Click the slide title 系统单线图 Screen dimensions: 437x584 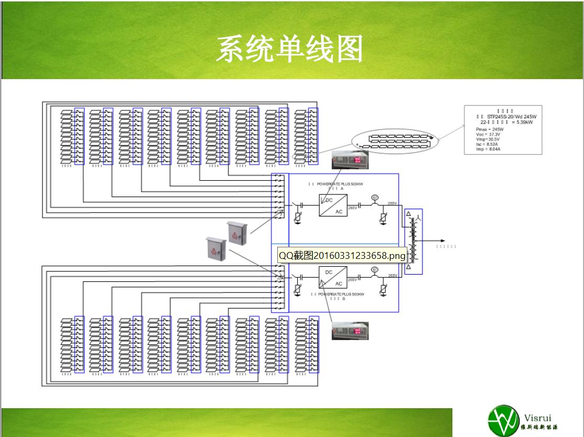(x=289, y=50)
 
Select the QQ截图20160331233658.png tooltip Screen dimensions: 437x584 (x=342, y=255)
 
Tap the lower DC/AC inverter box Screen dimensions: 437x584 (x=332, y=278)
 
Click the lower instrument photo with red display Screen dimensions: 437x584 (x=350, y=331)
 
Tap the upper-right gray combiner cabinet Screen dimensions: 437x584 (x=236, y=232)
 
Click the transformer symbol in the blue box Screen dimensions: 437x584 (x=413, y=241)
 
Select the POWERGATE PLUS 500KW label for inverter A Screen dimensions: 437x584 (x=336, y=184)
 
